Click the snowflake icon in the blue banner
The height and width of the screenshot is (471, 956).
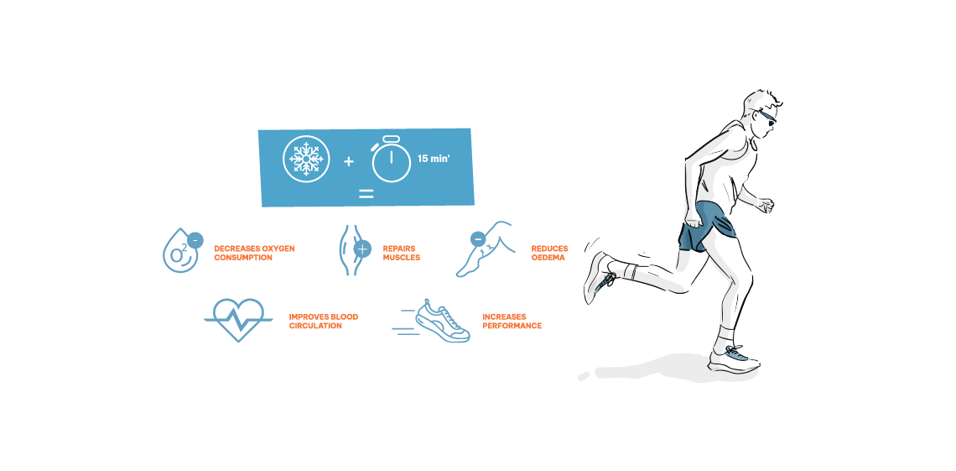[x=306, y=159]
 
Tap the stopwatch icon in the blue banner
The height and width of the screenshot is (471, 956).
[x=391, y=160]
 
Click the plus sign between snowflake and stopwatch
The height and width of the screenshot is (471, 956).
[x=349, y=162]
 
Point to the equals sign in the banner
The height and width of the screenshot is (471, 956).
[x=366, y=194]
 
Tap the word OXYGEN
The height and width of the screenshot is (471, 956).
[x=278, y=249]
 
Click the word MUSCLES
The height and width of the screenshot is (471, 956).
[x=401, y=258]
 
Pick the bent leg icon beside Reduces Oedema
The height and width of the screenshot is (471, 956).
[x=485, y=249]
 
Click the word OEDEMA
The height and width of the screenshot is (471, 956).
[x=548, y=258]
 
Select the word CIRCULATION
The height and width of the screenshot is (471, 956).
[x=315, y=327]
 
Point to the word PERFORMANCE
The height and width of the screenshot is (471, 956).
[x=512, y=327]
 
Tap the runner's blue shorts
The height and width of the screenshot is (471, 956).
[x=707, y=227]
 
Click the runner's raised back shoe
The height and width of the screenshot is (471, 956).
[x=600, y=278]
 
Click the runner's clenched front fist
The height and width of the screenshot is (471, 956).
[x=766, y=205]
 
